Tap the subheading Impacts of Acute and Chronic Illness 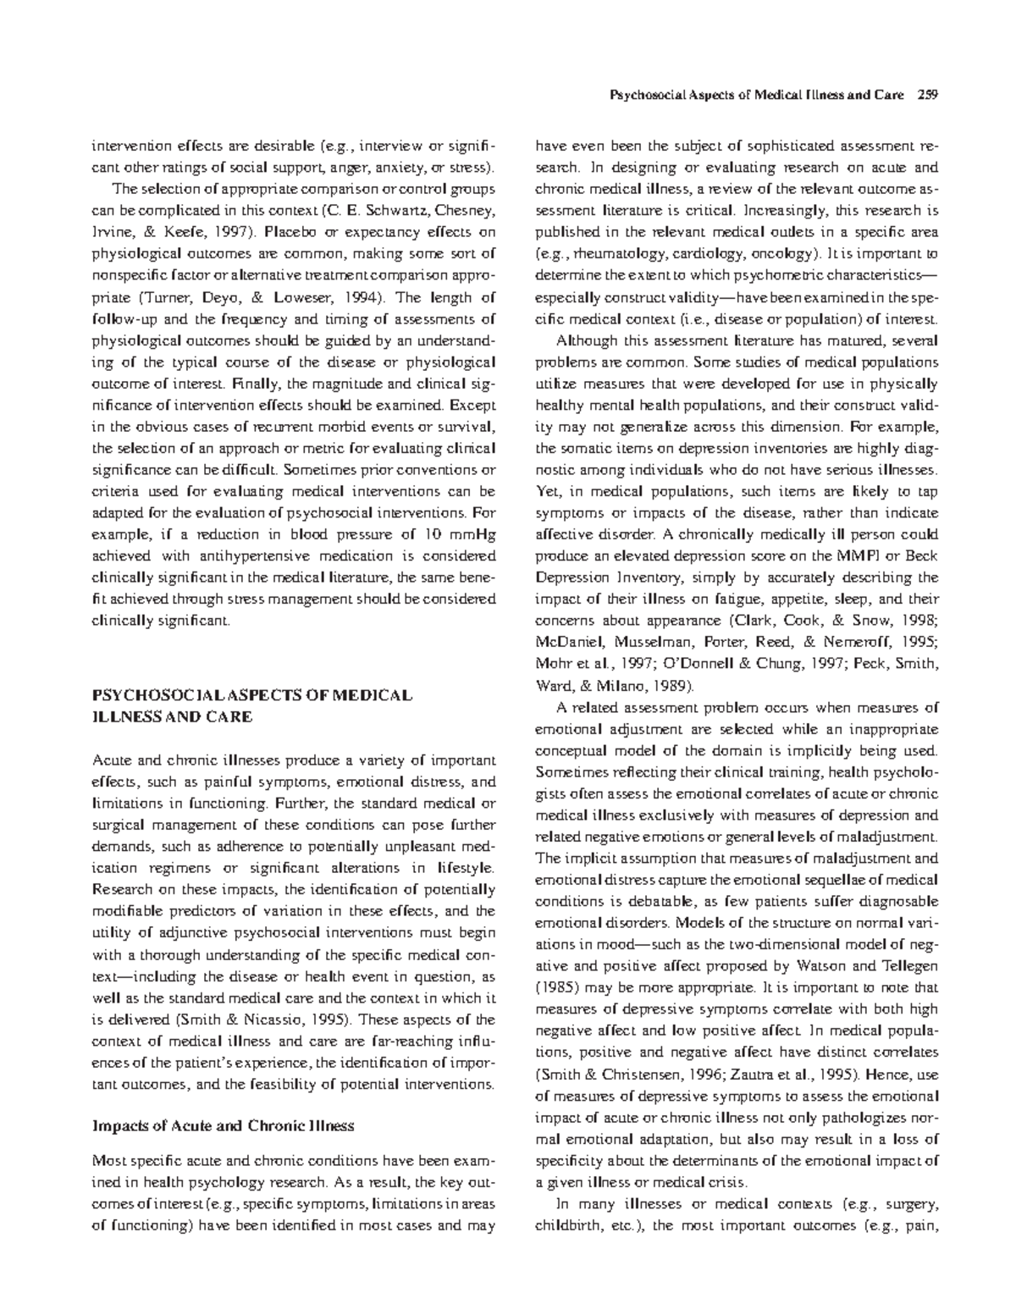[222, 1126]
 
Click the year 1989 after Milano [669, 685]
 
